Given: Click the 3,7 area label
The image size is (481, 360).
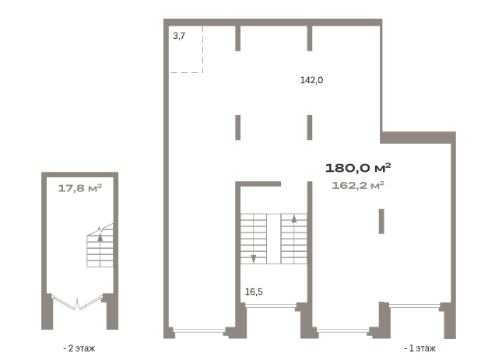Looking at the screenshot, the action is pyautogui.click(x=179, y=36).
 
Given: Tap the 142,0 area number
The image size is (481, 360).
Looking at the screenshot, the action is pyautogui.click(x=311, y=80).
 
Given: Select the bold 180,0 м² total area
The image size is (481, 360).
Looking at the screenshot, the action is pyautogui.click(x=358, y=168).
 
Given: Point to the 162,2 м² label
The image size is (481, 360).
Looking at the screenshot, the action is pyautogui.click(x=358, y=185).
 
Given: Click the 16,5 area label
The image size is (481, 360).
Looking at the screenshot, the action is pyautogui.click(x=254, y=292).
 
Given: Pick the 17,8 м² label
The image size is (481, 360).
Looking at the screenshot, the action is pyautogui.click(x=79, y=188).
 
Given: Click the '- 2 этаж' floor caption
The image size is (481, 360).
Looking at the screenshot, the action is pyautogui.click(x=79, y=348).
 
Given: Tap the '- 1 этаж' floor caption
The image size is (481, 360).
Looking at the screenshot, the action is pyautogui.click(x=420, y=348).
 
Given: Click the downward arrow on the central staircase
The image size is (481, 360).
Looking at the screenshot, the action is pyautogui.click(x=254, y=259).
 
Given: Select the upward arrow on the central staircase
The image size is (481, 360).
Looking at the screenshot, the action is pyautogui.click(x=294, y=218).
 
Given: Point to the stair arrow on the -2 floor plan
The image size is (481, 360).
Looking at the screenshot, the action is pyautogui.click(x=100, y=237).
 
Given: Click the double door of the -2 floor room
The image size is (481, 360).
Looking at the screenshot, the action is pyautogui.click(x=77, y=303).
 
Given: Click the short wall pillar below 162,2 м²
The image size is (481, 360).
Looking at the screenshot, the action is pyautogui.click(x=381, y=221).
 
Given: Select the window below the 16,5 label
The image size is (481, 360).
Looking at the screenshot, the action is pyautogui.click(x=271, y=306).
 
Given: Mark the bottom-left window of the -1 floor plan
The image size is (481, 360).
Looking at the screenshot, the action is pyautogui.click(x=198, y=330).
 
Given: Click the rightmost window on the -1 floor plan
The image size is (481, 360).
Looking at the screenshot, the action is pyautogui.click(x=414, y=306).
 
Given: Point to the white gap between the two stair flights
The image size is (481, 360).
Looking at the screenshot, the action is pyautogui.click(x=274, y=239).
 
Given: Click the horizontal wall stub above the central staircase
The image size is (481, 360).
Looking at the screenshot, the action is pyautogui.click(x=258, y=183).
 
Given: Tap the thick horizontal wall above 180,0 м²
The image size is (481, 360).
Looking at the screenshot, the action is pyautogui.click(x=418, y=138).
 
